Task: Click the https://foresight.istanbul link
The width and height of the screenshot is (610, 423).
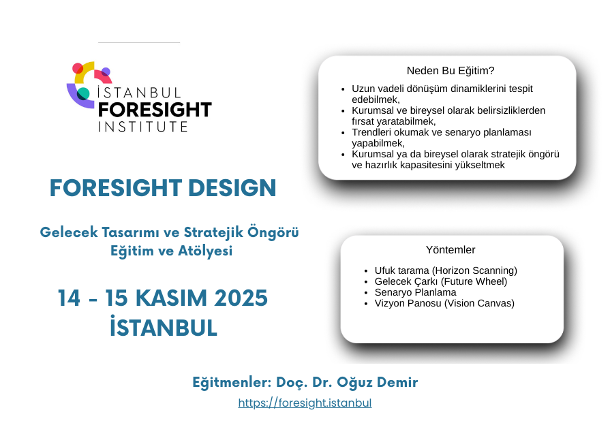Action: (x=305, y=403)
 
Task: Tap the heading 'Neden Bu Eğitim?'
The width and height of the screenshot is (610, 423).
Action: (x=451, y=71)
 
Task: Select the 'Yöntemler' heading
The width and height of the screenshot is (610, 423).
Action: (x=451, y=249)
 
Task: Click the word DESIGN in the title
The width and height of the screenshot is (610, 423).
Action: (x=232, y=188)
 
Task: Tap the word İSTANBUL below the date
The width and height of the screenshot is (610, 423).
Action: (x=164, y=326)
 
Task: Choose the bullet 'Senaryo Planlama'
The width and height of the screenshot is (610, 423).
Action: (x=415, y=292)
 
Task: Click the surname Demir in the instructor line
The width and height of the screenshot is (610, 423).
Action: (x=397, y=381)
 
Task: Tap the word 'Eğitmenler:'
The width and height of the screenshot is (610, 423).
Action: (x=232, y=383)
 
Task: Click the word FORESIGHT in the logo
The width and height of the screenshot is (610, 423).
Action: (x=155, y=110)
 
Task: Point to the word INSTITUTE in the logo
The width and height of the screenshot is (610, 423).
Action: (x=142, y=127)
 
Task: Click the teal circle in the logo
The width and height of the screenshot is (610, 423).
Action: (x=83, y=94)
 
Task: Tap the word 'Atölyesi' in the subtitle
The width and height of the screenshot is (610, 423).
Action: (x=205, y=251)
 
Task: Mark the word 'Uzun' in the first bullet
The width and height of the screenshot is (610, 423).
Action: (x=362, y=89)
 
